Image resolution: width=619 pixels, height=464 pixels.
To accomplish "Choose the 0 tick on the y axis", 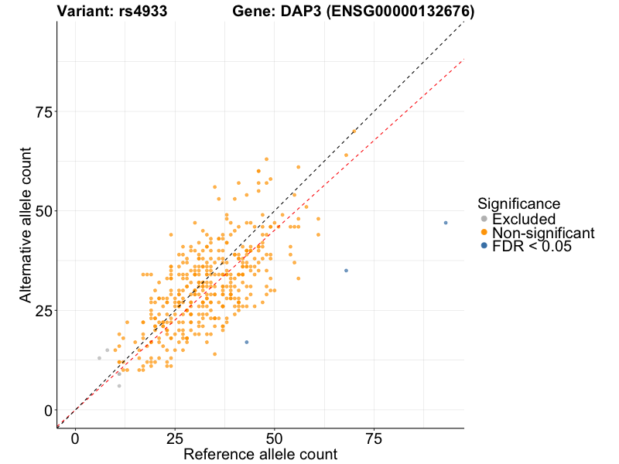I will tap(49, 410).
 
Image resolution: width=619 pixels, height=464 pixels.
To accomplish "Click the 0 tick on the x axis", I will tap(75, 438).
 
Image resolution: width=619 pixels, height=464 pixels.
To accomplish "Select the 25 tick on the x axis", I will tap(175, 438).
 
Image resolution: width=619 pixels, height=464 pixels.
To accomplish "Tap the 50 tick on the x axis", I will tap(274, 438).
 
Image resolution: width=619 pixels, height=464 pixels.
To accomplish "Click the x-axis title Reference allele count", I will tap(260, 455).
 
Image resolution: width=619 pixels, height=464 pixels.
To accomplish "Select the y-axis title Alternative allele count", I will tap(26, 226).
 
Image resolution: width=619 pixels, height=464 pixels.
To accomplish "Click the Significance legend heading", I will tap(518, 204).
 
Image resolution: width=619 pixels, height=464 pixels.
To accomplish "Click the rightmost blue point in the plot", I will tap(446, 223).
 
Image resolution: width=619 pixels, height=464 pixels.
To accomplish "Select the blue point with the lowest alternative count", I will tap(247, 342).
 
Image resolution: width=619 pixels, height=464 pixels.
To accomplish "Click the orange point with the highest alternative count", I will tap(354, 131).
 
